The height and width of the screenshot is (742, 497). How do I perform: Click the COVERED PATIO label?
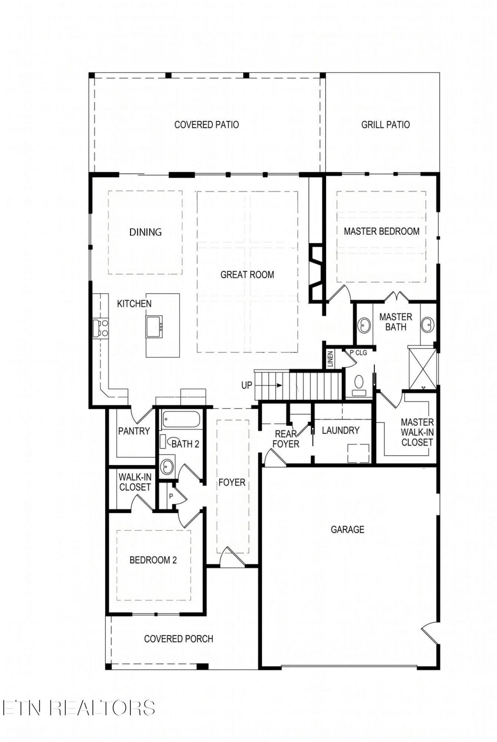click(207, 125)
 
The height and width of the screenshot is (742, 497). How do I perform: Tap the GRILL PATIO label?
click(386, 125)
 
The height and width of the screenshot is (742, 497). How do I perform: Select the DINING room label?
click(146, 232)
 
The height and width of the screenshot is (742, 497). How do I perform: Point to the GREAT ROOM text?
click(247, 275)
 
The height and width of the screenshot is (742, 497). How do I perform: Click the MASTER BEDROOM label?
click(382, 231)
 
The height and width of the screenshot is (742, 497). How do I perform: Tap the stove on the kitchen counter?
click(101, 328)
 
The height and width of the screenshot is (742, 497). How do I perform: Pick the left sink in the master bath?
click(364, 325)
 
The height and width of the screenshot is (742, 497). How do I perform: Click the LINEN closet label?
click(330, 359)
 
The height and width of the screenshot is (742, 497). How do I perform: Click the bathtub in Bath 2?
click(181, 420)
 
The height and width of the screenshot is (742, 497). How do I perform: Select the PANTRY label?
click(134, 431)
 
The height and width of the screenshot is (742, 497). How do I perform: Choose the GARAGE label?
click(348, 529)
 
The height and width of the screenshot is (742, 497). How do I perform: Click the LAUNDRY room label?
click(341, 430)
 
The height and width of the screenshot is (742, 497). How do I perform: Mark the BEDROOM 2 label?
click(153, 560)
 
